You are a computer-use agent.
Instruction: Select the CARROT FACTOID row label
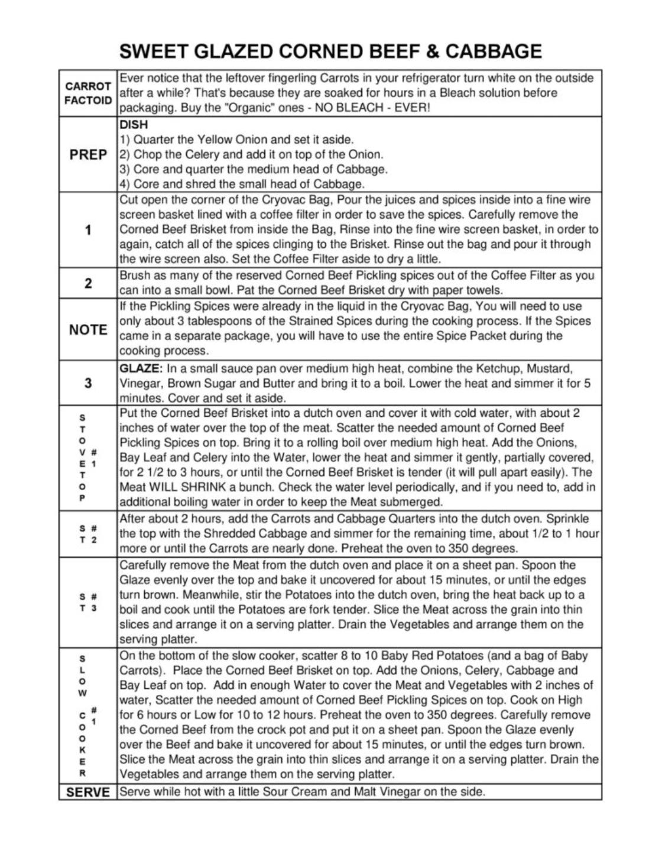(x=88, y=93)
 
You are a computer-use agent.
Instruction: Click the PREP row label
(x=88, y=155)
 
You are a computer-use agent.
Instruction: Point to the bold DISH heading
(x=134, y=125)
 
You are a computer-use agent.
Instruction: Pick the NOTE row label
(x=88, y=330)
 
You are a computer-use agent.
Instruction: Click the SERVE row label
(x=88, y=792)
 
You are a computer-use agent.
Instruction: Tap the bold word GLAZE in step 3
(x=140, y=368)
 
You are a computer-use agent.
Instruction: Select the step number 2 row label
(x=88, y=283)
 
